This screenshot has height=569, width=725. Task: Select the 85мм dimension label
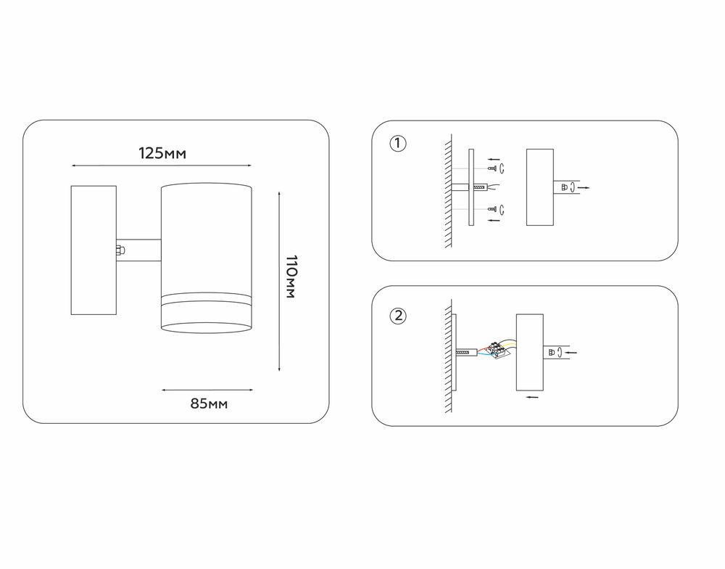209,404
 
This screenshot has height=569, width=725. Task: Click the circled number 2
397,316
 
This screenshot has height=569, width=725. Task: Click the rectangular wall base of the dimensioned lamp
94,250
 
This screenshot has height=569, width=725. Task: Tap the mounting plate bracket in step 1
471,188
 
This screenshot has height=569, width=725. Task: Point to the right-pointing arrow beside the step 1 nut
584,188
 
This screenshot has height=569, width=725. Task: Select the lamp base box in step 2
529,352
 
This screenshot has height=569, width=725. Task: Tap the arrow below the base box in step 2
532,398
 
